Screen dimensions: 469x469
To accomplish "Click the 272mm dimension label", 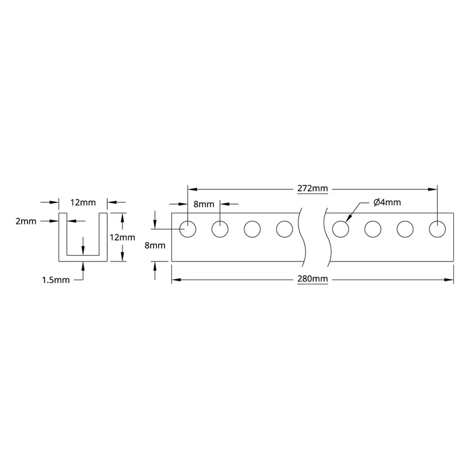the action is pos(312,188).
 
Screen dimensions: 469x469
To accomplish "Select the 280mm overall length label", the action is pos(312,279).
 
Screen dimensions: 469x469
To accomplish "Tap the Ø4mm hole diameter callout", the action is pos(387,202).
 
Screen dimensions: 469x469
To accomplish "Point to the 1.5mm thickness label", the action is pos(56,280).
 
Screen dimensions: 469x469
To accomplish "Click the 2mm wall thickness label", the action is pos(26,222).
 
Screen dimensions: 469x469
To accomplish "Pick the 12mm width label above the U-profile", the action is pos(83,202).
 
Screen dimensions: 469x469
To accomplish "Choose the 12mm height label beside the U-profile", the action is pos(123,237).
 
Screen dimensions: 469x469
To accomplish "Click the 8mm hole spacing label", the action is pos(203,204).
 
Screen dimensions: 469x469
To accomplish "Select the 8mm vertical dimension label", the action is pos(155,245).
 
